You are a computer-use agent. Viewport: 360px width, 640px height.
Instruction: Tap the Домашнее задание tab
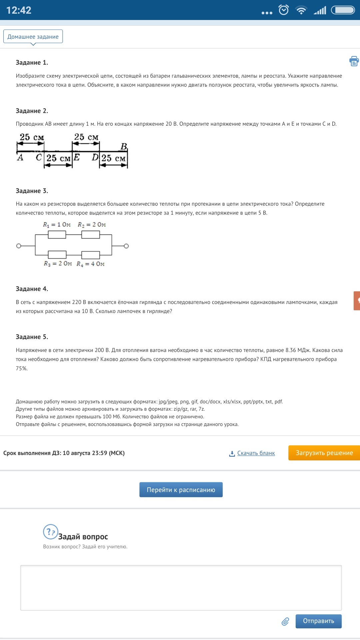coord(33,37)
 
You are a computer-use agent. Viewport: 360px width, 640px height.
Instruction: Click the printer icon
coord(354,61)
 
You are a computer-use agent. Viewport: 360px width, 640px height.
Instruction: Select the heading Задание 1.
coord(32,63)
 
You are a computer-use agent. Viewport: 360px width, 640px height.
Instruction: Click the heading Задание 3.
coord(32,191)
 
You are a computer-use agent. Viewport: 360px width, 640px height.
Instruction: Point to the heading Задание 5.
coord(32,337)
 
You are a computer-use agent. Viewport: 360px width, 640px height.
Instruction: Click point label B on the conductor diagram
coord(124,147)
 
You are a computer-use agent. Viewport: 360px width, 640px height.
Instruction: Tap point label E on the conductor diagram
coord(77,157)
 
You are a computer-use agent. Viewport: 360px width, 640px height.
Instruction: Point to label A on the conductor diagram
coord(20,157)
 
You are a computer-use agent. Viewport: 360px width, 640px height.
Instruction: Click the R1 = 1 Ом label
coord(57,225)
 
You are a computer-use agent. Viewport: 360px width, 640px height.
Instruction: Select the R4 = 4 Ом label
coord(90,264)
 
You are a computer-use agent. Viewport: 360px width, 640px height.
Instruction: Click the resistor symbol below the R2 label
coord(90,235)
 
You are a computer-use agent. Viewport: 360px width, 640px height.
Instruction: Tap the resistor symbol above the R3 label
coord(57,255)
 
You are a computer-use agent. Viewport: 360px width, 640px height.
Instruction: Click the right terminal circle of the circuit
coord(126,246)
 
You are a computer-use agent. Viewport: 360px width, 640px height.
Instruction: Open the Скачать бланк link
coord(256,453)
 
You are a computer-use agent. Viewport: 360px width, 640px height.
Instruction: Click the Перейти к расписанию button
coord(181,490)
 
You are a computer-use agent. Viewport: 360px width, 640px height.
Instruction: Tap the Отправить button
coord(318,621)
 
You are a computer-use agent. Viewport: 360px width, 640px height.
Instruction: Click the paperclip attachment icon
coord(285,621)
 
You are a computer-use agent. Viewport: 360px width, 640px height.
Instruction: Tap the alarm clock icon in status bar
coord(284,10)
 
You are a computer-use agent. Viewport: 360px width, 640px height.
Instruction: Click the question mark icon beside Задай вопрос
coord(50,532)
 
